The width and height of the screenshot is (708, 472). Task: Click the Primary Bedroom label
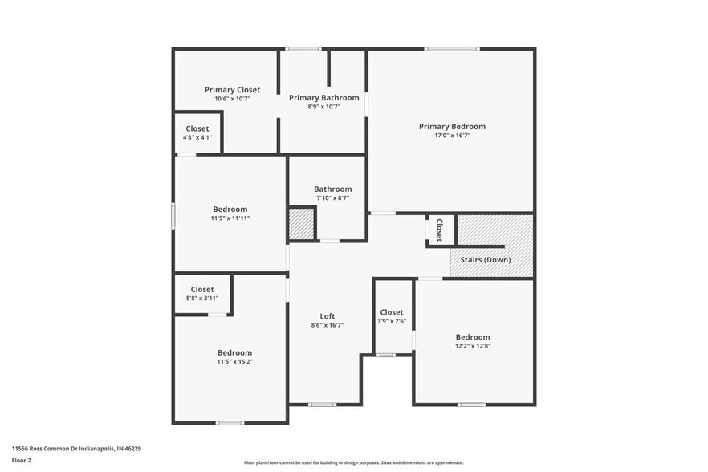[x=452, y=126]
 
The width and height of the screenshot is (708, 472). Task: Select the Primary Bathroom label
[x=324, y=98]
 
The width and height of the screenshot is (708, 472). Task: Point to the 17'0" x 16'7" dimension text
[x=452, y=136]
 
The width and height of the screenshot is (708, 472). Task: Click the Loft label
[x=328, y=315]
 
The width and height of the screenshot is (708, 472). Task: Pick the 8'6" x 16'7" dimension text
[x=328, y=325]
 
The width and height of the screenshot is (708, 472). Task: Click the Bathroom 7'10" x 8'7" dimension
[x=332, y=197]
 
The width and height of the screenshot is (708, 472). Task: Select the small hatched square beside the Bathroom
[x=301, y=223]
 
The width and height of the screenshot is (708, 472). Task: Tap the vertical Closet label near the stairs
[x=439, y=230]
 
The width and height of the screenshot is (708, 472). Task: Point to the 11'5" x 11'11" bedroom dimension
[x=230, y=218]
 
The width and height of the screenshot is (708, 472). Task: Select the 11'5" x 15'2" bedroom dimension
[x=234, y=362]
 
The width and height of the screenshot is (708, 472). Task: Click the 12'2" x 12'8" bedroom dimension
[x=473, y=347]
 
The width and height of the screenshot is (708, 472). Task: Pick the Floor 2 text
[x=22, y=461]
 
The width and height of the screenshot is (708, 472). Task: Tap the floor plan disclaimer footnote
[x=353, y=462]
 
